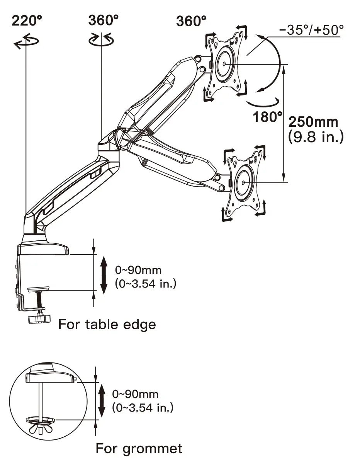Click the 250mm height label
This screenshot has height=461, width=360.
point(313,122)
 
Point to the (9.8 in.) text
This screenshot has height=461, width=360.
point(316,137)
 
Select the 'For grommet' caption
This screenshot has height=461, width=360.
point(139,448)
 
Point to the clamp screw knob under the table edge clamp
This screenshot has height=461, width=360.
point(39,319)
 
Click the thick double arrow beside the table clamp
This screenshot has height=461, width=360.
point(104,276)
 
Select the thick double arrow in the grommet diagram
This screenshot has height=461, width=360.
point(101,400)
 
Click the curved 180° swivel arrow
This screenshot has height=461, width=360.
point(263,102)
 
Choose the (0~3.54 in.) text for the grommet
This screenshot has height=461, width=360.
point(143,407)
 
